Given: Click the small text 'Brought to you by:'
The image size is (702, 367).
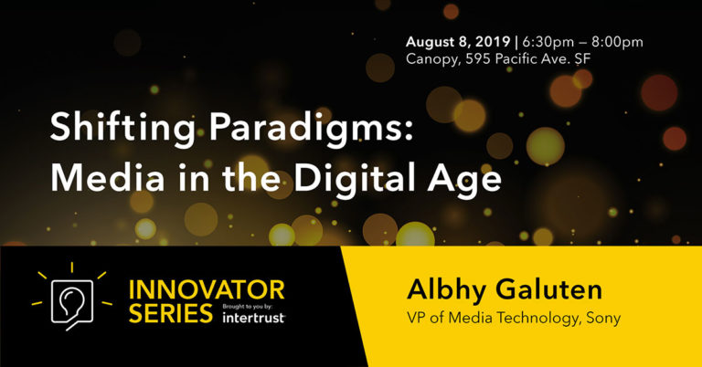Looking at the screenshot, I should [x=253, y=309].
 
